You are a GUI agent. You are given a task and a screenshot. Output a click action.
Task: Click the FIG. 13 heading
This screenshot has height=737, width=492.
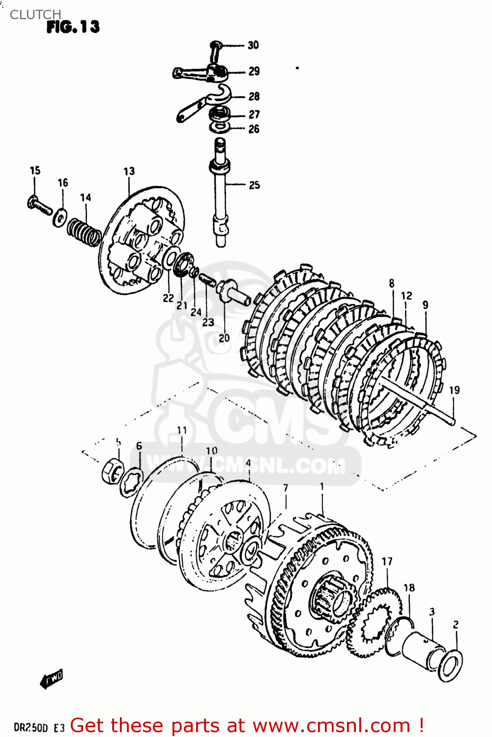point(73,27)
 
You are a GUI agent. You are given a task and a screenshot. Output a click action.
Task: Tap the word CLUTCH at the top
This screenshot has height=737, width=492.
point(35,15)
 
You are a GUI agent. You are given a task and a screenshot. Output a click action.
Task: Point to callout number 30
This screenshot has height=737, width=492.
point(253,45)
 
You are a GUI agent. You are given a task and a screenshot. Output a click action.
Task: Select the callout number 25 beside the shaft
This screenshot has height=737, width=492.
point(254,185)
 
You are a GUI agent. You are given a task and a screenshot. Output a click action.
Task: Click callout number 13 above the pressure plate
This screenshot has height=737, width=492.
point(129,171)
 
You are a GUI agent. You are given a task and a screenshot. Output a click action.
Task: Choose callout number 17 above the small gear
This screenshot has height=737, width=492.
point(387,562)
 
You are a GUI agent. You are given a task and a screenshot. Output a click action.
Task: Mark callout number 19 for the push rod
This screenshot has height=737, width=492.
point(454,390)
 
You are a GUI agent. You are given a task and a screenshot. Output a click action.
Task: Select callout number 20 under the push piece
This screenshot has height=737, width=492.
point(224,338)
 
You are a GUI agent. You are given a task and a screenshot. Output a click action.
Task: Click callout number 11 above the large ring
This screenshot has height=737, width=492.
point(182,430)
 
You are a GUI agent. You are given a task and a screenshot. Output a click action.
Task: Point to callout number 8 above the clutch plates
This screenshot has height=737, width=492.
point(392,283)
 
